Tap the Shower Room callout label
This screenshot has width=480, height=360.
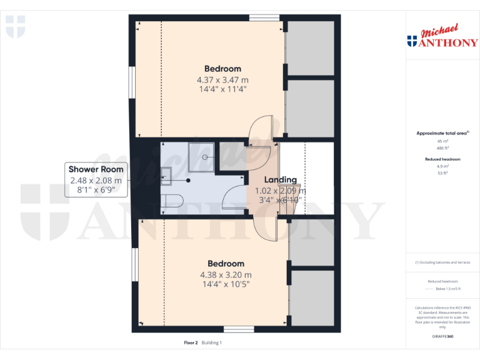[96, 179]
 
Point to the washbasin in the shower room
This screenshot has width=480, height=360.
[167, 176]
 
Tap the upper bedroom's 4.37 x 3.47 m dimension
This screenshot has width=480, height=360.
[222, 80]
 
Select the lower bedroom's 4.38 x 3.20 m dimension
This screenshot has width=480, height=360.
[226, 274]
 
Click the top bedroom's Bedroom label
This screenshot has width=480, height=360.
[222, 69]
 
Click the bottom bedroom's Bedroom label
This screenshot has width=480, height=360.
[226, 264]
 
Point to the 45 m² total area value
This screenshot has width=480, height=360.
[442, 141]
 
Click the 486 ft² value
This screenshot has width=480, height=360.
[442, 148]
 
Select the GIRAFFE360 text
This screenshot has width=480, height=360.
[442, 337]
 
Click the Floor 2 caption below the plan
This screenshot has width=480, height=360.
[191, 342]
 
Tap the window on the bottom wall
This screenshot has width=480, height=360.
[239, 329]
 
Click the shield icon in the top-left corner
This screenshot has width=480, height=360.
[16, 27]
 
